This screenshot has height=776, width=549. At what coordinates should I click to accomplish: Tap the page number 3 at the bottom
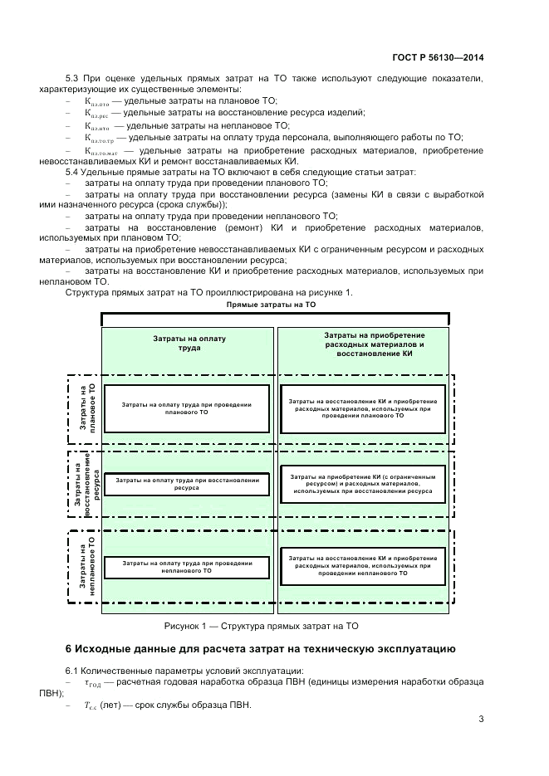[481, 719]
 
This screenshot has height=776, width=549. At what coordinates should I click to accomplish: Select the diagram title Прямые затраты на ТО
[271, 305]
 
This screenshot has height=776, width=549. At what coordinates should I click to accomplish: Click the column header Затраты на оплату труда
[189, 343]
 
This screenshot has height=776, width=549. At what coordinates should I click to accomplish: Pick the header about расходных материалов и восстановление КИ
[363, 344]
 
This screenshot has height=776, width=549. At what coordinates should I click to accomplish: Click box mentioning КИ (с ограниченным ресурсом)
[363, 484]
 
